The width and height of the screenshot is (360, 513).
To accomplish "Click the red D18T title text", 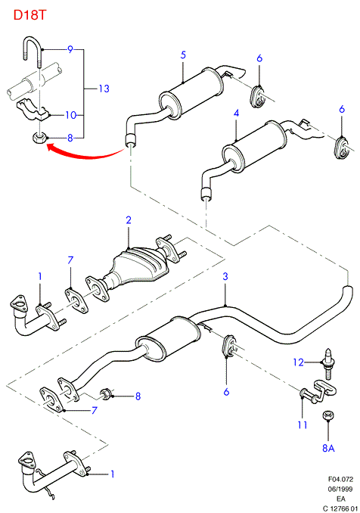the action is (30, 15).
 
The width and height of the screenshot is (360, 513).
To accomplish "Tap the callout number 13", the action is (104, 89).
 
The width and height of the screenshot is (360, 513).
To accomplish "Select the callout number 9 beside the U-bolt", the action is (70, 49).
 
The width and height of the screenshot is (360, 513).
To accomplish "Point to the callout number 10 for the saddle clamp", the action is (70, 115).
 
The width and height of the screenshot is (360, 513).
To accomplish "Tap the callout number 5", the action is (183, 54).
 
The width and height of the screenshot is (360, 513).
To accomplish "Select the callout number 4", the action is (237, 113).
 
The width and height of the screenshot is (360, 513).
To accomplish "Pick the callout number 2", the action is (129, 220).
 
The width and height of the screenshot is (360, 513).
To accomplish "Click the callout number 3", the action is (225, 276).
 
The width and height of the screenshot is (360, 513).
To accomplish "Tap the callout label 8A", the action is (328, 448).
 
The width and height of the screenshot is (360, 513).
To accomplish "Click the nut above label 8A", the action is (328, 415).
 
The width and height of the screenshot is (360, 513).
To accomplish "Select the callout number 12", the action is (299, 362).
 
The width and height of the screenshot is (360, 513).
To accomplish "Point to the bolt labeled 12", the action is (328, 364).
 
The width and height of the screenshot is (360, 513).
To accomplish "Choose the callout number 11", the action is (303, 424).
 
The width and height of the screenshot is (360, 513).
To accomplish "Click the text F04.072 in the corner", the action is (340, 479).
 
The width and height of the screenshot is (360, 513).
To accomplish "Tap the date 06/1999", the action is (340, 489).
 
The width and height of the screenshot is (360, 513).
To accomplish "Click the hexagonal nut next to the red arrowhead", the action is (39, 138).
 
